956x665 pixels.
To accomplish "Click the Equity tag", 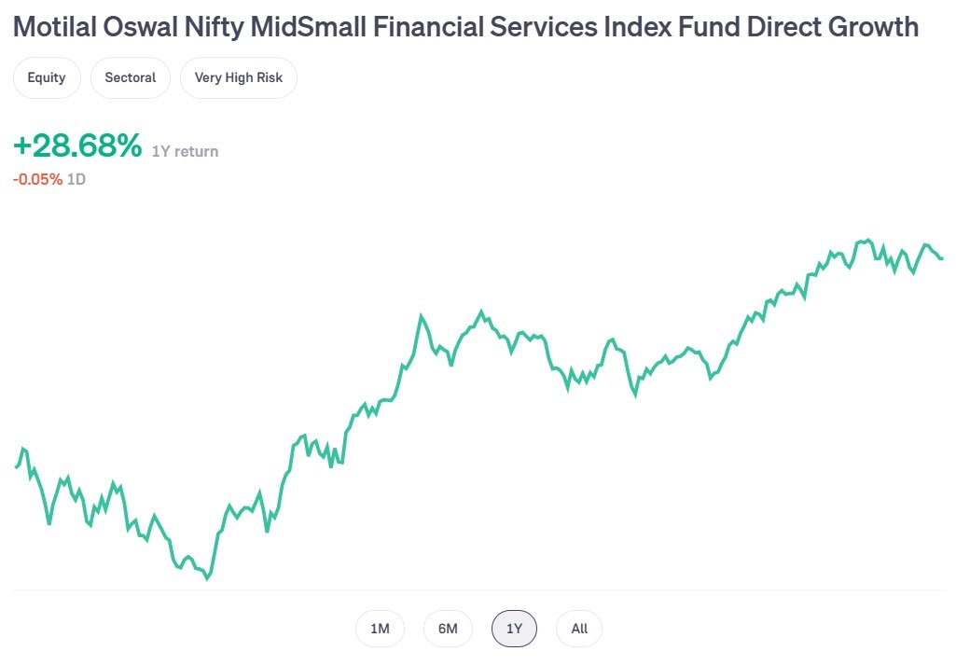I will click(x=47, y=77).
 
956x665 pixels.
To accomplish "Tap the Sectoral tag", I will click(x=131, y=77).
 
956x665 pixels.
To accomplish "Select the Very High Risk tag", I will click(x=239, y=77).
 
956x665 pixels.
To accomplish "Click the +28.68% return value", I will click(x=77, y=146).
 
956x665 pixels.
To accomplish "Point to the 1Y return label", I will click(x=186, y=151).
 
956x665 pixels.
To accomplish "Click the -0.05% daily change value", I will click(x=38, y=178).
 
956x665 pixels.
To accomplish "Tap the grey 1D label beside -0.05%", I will click(x=76, y=178).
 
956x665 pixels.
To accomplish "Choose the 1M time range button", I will click(x=380, y=629).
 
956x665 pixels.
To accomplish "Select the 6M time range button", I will click(x=448, y=629).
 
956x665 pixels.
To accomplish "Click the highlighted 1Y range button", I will click(x=515, y=629).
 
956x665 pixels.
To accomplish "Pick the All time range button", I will click(x=579, y=629).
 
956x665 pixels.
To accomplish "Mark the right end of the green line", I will click(x=942, y=258).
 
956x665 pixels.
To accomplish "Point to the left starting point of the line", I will click(x=16, y=466).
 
